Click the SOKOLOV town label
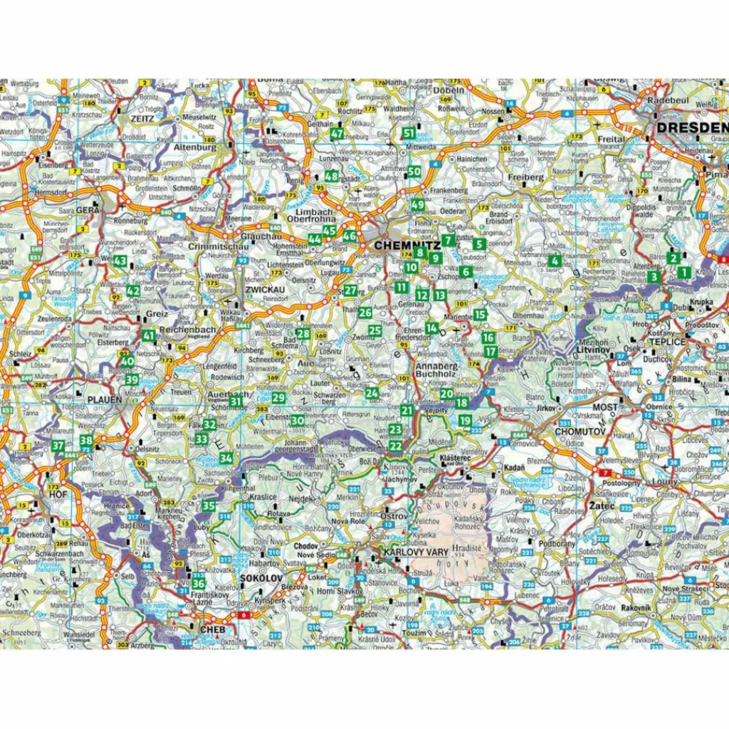coord(261,578)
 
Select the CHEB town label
coord(214,629)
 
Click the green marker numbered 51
coord(409,133)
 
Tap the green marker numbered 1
coord(683,272)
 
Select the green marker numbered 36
coord(199,584)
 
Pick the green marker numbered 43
coord(120,261)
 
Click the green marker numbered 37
coord(58,446)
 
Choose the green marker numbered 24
coord(372,393)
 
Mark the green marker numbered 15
coord(480,315)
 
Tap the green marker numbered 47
coord(337,134)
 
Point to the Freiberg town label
coord(527,177)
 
